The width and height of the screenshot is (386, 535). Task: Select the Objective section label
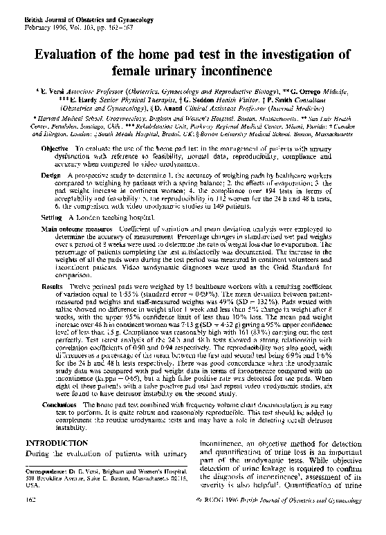coord(55,149)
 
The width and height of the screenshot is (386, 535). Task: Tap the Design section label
coord(50,176)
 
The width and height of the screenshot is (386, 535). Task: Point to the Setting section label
coord(52,218)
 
